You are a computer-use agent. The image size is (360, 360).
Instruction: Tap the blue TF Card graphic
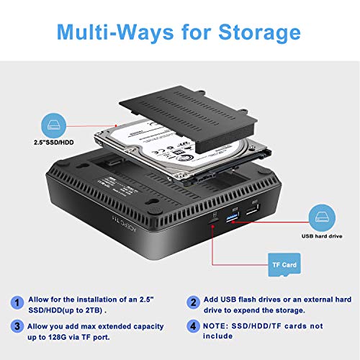coord(284,266)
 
